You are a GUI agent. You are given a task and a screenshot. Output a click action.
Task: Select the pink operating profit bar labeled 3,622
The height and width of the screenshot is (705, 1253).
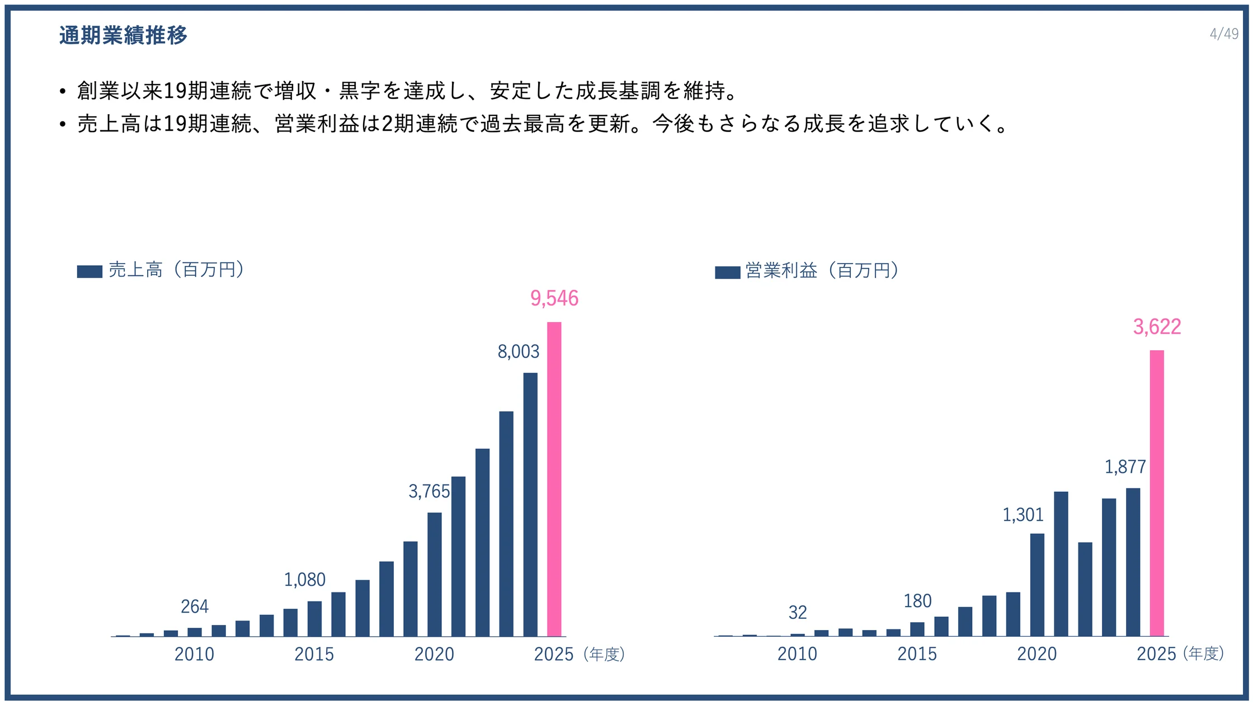coord(1156,493)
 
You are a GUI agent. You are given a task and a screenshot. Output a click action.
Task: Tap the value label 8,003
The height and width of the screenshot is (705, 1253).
coord(519,352)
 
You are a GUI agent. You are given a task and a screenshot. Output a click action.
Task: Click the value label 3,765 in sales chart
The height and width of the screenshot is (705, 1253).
coord(429,491)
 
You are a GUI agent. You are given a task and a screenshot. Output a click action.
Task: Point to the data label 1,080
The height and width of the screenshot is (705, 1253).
coord(305,580)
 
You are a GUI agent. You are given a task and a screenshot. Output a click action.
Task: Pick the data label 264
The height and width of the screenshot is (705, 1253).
coord(195,607)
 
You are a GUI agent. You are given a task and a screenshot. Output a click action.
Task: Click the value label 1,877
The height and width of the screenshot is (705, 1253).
coord(1125,467)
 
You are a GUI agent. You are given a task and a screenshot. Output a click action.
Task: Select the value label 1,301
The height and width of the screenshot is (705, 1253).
coord(1023,515)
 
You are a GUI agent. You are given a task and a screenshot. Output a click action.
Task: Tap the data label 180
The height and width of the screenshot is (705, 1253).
coord(917,601)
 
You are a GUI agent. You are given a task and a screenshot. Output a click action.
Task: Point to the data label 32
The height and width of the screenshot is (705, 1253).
coord(798,613)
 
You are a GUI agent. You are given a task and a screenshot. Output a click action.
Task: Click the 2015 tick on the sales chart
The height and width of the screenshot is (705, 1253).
coord(314,654)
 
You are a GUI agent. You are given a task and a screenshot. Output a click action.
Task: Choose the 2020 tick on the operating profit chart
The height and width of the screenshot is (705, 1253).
coord(1037,654)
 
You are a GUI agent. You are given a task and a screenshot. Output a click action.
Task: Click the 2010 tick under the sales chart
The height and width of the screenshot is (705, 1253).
coord(194,654)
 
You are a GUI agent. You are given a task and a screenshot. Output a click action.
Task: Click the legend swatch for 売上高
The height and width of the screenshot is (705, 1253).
coord(89,271)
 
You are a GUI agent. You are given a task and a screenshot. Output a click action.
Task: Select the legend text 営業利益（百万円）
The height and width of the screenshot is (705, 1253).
coord(822,271)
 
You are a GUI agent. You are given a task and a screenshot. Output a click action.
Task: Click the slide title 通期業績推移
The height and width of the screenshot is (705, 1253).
coord(123,35)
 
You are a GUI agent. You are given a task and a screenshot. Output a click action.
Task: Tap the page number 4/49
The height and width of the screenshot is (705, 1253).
coord(1223,34)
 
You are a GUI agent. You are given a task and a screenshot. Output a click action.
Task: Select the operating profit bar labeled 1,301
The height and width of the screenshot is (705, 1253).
coord(1037,585)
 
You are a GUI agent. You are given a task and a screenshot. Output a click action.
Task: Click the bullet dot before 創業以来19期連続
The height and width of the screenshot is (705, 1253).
coord(63,91)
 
